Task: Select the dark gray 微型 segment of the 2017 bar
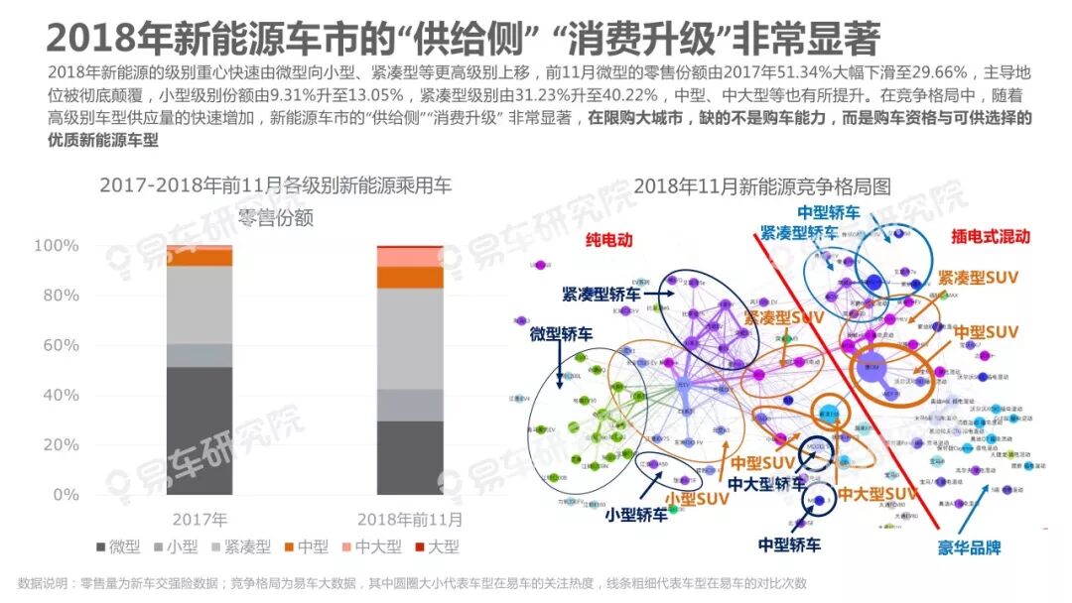coord(200,430)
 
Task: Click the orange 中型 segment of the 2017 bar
coord(200,257)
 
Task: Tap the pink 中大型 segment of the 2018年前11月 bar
coord(410,257)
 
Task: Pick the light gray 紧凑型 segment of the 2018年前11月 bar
coord(410,338)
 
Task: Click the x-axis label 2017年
coord(200,519)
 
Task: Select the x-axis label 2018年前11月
coord(409,519)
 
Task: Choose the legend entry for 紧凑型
coord(237,546)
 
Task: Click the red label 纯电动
coord(607,240)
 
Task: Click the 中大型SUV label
coord(874,494)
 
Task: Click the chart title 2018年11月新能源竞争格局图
coord(761,185)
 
